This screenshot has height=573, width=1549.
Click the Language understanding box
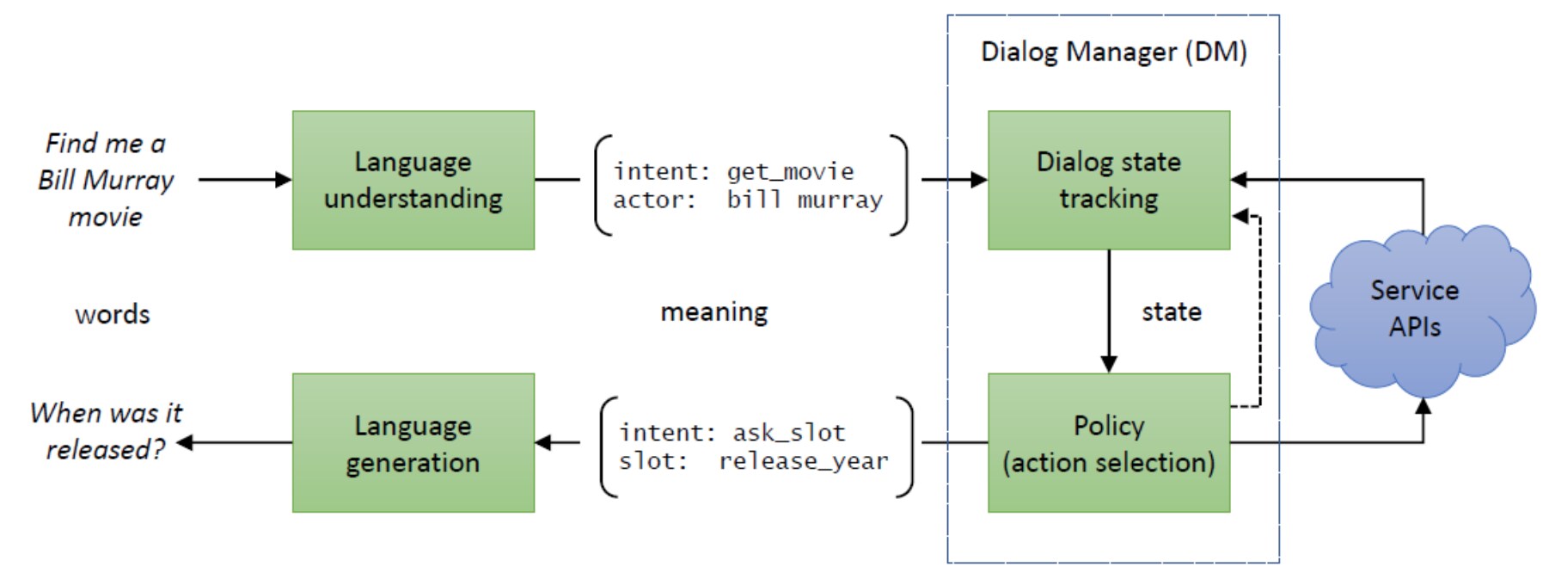(413, 180)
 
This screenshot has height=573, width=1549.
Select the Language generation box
(413, 443)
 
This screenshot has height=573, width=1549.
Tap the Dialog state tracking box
(1108, 180)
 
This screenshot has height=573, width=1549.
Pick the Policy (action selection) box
(1108, 443)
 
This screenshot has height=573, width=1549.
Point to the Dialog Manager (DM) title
(1113, 52)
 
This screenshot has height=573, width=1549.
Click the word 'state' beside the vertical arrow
(1171, 311)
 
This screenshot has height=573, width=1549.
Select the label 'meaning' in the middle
(713, 311)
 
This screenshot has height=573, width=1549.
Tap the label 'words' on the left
(112, 314)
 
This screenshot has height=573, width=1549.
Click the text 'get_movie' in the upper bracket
(790, 171)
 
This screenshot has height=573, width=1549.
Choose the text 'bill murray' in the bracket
(804, 200)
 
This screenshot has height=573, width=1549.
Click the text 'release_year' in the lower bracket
(803, 461)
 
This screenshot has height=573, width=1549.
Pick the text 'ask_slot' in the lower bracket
(788, 433)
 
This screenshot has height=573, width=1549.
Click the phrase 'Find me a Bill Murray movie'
(106, 180)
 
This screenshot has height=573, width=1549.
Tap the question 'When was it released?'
(106, 430)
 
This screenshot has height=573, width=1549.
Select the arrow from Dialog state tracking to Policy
(1108, 310)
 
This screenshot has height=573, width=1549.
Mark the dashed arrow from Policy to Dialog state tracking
(1259, 310)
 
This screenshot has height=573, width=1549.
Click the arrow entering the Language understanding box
(245, 180)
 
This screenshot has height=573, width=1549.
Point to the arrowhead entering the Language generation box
(543, 443)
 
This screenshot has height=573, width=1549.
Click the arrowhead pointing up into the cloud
(1423, 407)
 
